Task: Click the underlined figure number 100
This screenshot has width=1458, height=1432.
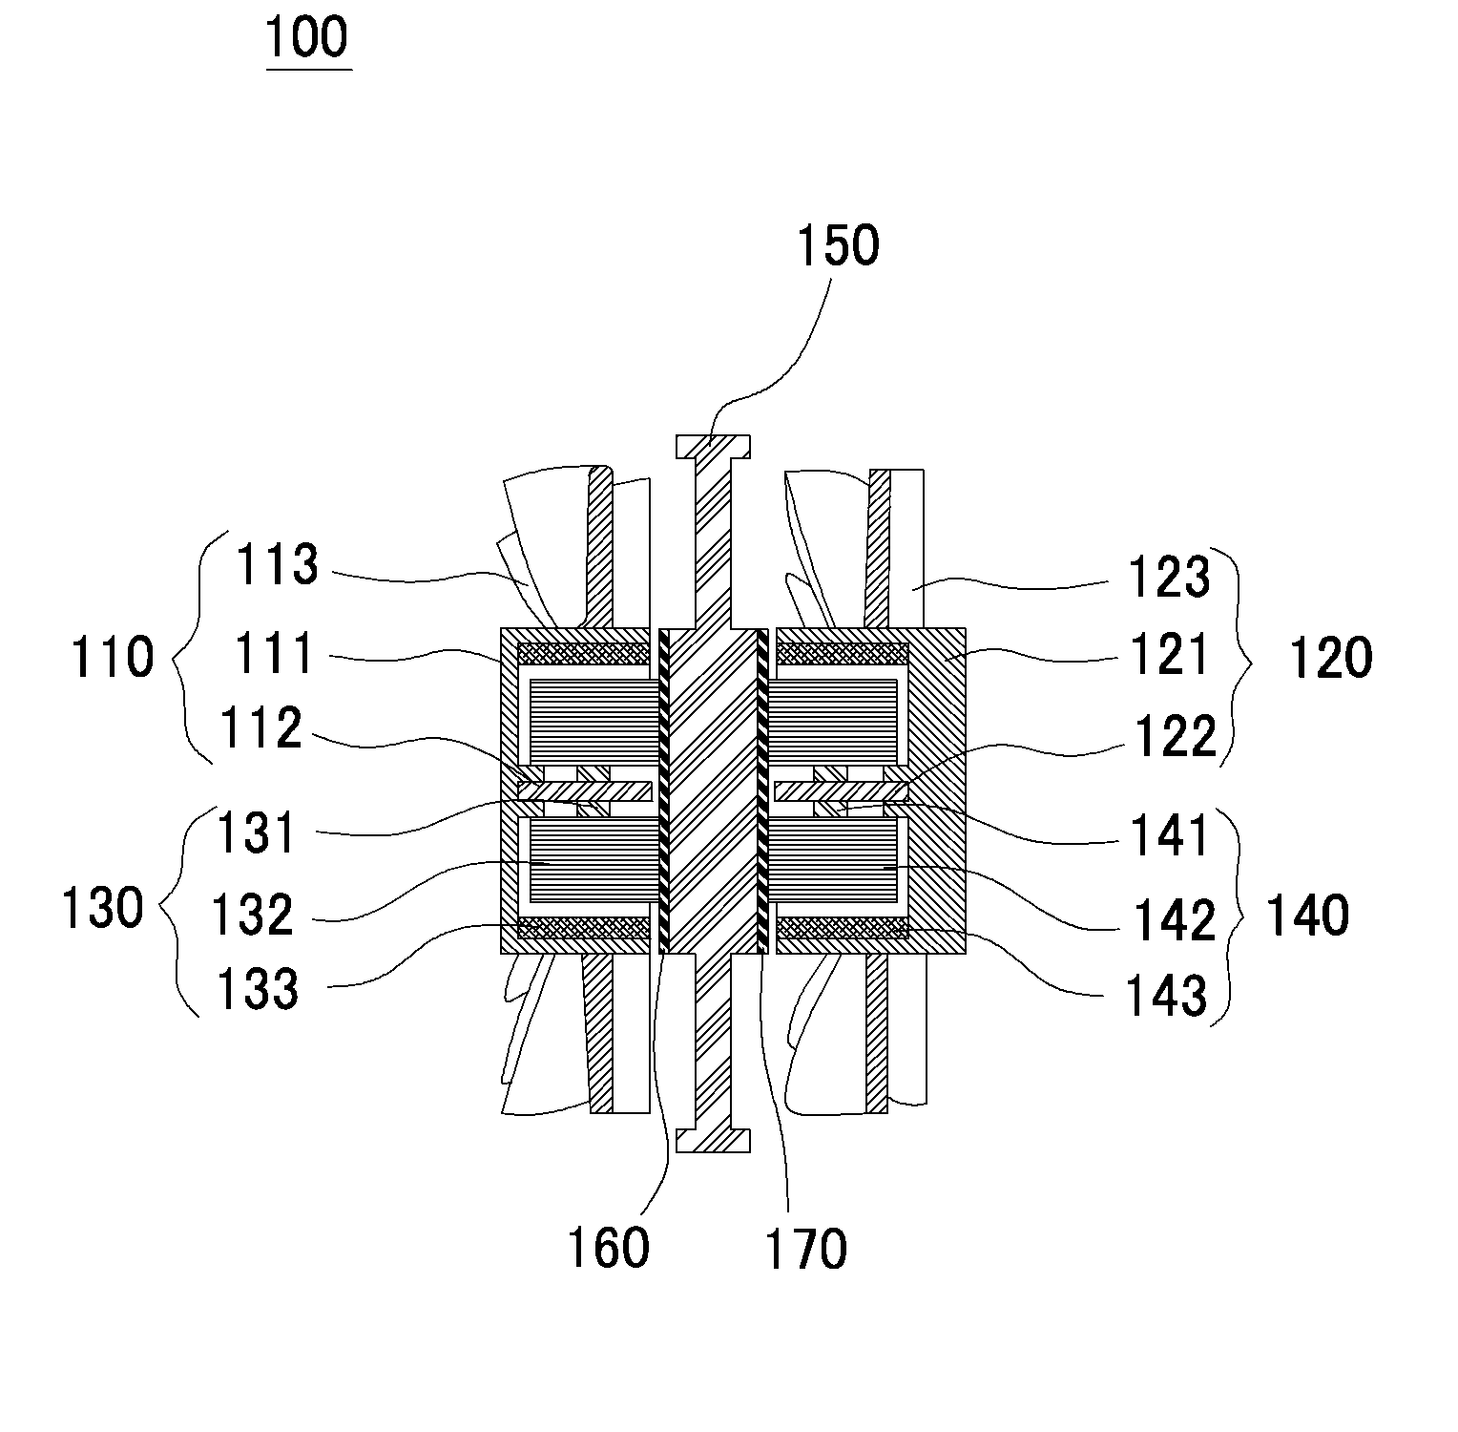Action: [x=308, y=38]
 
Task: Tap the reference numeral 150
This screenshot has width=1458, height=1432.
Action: [x=837, y=245]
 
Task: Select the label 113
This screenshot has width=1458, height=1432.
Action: [x=277, y=564]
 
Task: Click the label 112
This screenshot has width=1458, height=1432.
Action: [x=260, y=730]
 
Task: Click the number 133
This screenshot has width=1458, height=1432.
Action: [x=258, y=989]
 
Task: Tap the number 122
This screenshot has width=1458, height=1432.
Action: [x=1176, y=736]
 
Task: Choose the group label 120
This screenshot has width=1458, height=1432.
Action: [x=1330, y=658]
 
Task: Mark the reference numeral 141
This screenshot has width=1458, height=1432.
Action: [x=1170, y=833]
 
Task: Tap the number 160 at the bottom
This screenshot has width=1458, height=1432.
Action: [x=608, y=1247]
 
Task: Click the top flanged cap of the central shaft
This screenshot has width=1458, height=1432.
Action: [x=713, y=446]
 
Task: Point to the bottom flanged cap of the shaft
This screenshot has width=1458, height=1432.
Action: [x=713, y=1141]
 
